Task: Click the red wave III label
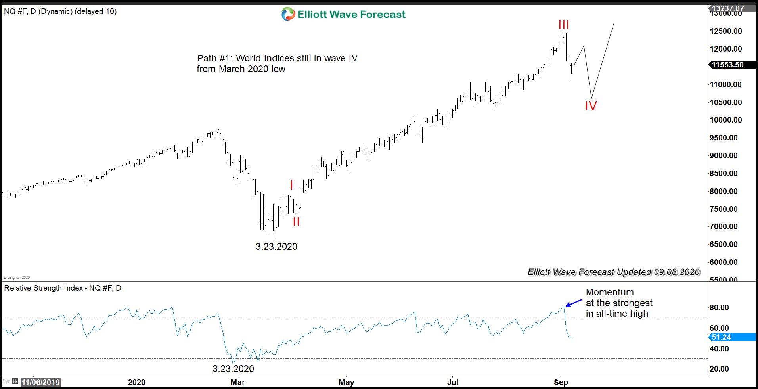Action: click(563, 25)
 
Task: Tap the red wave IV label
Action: click(591, 106)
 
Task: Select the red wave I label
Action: click(291, 185)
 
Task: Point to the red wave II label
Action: click(296, 222)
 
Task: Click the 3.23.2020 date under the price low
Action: click(276, 247)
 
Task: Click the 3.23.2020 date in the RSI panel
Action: click(233, 369)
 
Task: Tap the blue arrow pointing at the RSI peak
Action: click(573, 303)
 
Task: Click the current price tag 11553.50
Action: click(727, 65)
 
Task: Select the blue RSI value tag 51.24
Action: click(721, 337)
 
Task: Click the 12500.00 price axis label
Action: click(725, 31)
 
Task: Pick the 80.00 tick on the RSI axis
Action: click(719, 307)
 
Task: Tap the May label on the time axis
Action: click(346, 382)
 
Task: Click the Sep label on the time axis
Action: click(561, 382)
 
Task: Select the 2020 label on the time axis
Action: click(136, 382)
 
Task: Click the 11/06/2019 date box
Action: click(40, 382)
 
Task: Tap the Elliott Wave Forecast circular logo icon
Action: click(288, 14)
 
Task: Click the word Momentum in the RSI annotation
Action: click(610, 292)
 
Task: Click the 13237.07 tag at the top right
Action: click(727, 8)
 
